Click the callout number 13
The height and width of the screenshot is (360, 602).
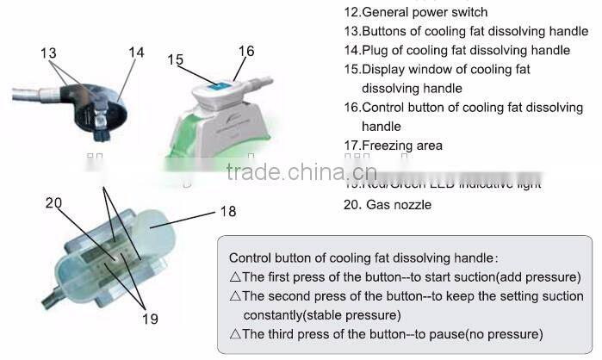pyautogui.click(x=48, y=54)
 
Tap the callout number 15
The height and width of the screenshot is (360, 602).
pyautogui.click(x=176, y=59)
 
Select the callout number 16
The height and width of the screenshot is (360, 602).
pyautogui.click(x=247, y=51)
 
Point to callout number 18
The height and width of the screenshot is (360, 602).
pyautogui.click(x=227, y=211)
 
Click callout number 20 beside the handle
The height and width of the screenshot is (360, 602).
pyautogui.click(x=54, y=203)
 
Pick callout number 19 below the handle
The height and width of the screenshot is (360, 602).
pyautogui.click(x=150, y=319)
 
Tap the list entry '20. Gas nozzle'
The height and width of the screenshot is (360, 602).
pyautogui.click(x=388, y=204)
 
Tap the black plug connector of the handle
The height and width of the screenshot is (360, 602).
pyautogui.click(x=102, y=127)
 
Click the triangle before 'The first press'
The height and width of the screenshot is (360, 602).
pyautogui.click(x=236, y=277)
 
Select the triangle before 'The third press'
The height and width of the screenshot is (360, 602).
pyautogui.click(x=236, y=333)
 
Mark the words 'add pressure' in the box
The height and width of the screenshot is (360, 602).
pyautogui.click(x=543, y=277)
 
